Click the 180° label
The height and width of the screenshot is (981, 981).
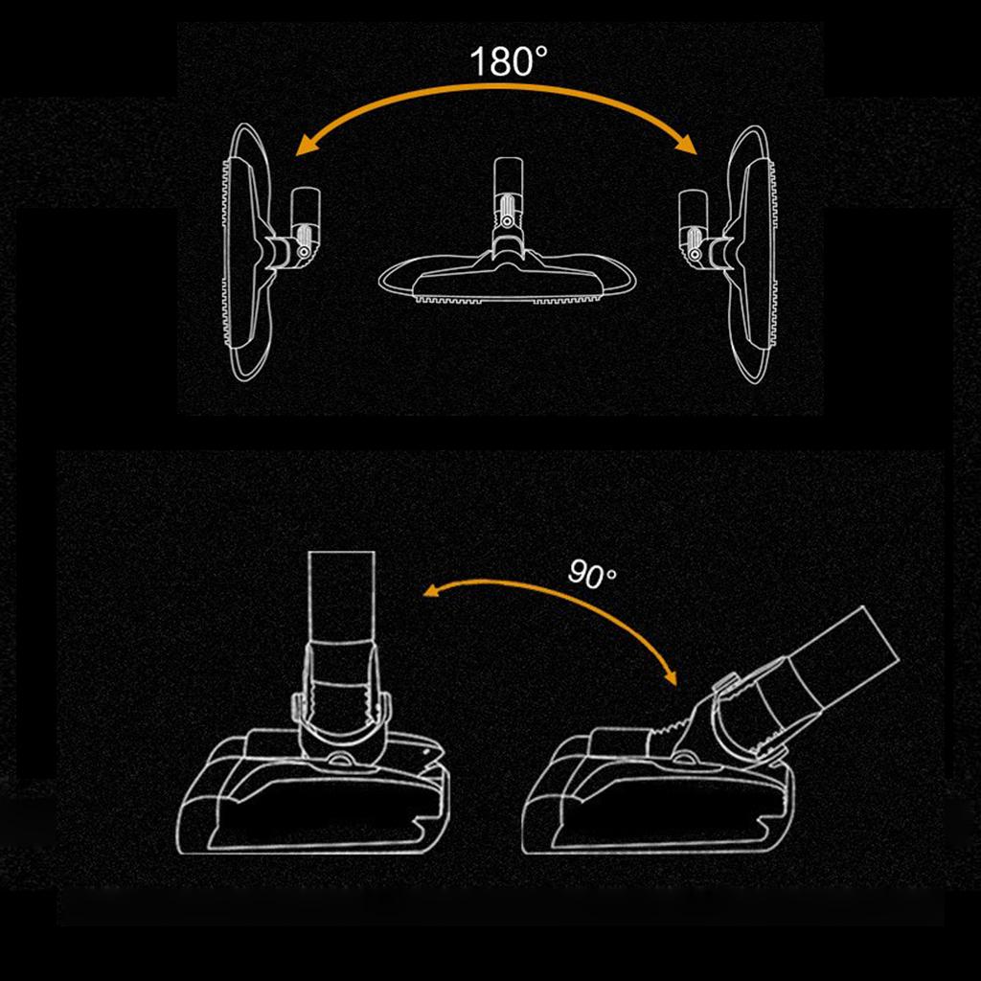(x=508, y=61)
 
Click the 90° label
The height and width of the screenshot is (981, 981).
(x=592, y=574)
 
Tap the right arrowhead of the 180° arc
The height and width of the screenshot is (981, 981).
(x=688, y=145)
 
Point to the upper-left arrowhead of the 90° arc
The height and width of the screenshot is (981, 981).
(x=432, y=590)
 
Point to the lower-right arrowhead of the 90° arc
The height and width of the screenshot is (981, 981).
(x=671, y=676)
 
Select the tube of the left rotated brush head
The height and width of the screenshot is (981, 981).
(x=306, y=210)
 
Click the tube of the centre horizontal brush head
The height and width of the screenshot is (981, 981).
(x=507, y=177)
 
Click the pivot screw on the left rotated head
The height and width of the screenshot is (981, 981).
(x=304, y=252)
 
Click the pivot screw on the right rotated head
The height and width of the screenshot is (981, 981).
(x=694, y=253)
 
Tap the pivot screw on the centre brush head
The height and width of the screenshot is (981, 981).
(x=507, y=221)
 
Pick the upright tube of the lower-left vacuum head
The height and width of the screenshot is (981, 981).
(x=342, y=598)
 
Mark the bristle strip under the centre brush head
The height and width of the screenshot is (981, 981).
(x=507, y=299)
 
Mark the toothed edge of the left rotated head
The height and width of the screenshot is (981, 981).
(x=226, y=252)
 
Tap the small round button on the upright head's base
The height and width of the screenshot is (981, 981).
(x=341, y=759)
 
